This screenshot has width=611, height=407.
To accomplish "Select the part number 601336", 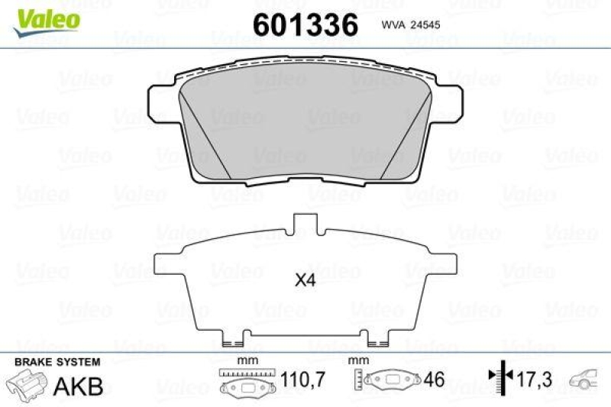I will tap(305, 25).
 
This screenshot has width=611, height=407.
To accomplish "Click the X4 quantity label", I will tap(305, 280).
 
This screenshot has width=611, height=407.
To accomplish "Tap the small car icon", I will tap(586, 379).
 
